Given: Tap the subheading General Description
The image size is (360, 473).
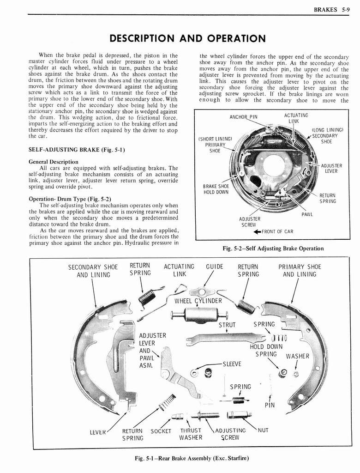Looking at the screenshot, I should pyautogui.click(x=53, y=162).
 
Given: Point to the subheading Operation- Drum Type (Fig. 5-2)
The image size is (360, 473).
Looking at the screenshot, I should pyautogui.click(x=70, y=199).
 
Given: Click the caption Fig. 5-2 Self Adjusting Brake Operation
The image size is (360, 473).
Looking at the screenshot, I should pyautogui.click(x=273, y=249).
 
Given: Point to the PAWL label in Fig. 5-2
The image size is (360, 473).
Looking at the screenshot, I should pyautogui.click(x=307, y=214).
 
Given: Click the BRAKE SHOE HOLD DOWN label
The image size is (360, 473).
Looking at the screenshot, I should pyautogui.click(x=216, y=189).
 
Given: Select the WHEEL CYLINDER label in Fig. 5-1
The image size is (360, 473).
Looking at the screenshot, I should pyautogui.click(x=198, y=301).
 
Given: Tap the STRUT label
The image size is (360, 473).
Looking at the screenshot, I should pyautogui.click(x=227, y=325).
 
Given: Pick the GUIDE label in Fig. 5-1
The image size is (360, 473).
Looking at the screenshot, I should pyautogui.click(x=215, y=267).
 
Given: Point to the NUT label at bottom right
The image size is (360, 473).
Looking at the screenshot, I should pyautogui.click(x=263, y=430).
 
